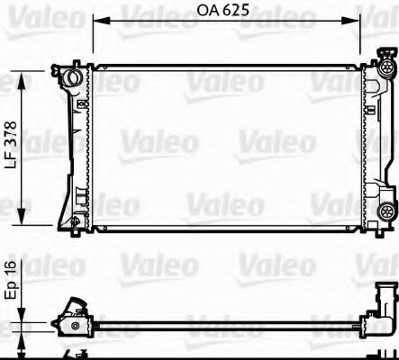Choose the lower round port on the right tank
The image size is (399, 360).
(x=387, y=211)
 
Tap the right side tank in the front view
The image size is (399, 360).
(x=370, y=144)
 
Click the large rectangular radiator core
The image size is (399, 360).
(x=225, y=144)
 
